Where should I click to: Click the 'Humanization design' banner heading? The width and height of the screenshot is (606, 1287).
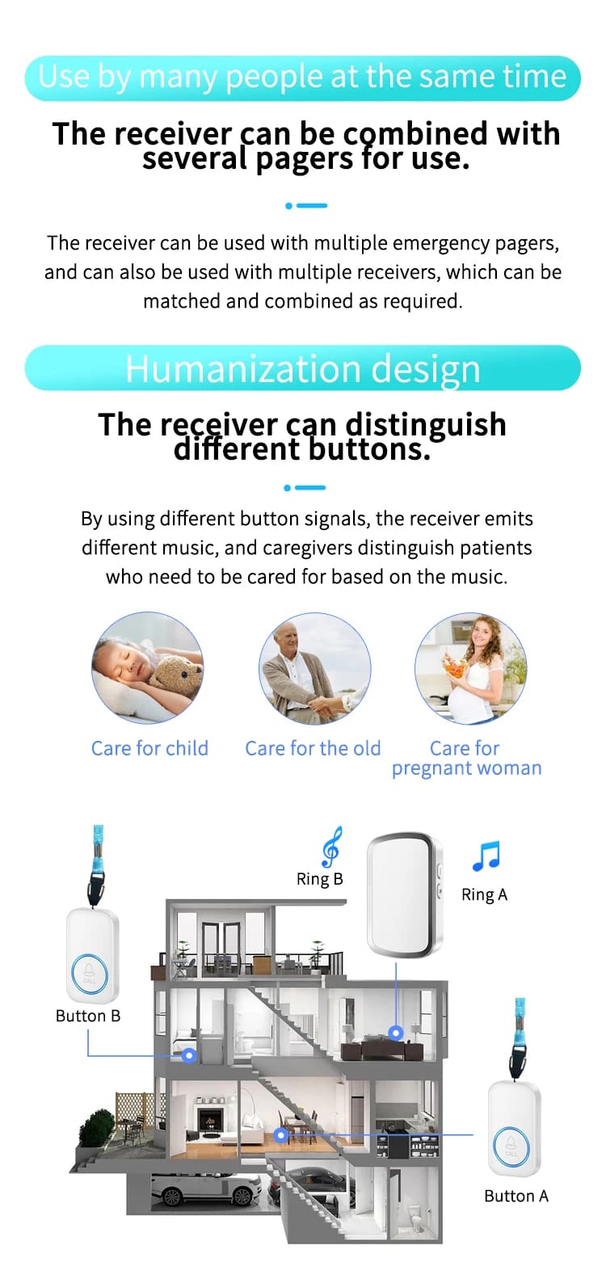pos(303,368)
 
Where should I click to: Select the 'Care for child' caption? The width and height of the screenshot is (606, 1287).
pos(149,748)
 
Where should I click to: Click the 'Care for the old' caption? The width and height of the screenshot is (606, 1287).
pos(313,748)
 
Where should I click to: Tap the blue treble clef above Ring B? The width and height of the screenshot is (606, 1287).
pos(331,847)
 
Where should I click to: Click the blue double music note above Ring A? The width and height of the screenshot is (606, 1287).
pos(486,856)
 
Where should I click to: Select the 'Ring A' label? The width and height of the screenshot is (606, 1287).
pos(484,894)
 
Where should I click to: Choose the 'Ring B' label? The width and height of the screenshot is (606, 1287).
pos(319,879)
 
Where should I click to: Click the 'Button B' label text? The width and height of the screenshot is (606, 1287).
pos(88,1016)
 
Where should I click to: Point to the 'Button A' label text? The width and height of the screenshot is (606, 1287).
pos(516,1196)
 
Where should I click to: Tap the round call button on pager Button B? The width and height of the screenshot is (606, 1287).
pos(90,974)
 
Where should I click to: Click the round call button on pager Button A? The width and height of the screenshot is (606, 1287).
pos(511,1146)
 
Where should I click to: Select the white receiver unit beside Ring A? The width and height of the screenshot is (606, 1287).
pos(405,894)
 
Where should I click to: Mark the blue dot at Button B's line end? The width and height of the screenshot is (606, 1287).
pos(188,1055)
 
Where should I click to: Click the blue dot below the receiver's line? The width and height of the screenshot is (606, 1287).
pos(395,1033)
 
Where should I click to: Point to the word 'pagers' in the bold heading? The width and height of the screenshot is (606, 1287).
pos(305,159)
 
